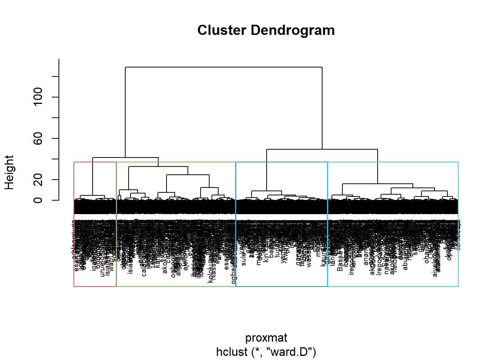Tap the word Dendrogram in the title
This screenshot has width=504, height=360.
coord(292,30)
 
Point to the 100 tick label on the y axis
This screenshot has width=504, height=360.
coord(38,97)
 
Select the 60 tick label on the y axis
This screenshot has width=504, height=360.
coord(38,138)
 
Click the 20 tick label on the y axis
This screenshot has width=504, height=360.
coord(38,180)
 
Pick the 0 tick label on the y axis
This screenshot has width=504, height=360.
coord(38,200)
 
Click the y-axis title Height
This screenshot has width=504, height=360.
coord(9,172)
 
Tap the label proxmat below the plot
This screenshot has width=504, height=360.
coord(266,337)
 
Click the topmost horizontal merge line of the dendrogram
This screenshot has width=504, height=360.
coord(223,67)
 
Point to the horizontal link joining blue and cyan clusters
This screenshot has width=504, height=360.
coord(322,149)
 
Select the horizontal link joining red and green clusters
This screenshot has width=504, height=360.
coord(125,157)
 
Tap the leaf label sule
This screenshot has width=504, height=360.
coord(244,259)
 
